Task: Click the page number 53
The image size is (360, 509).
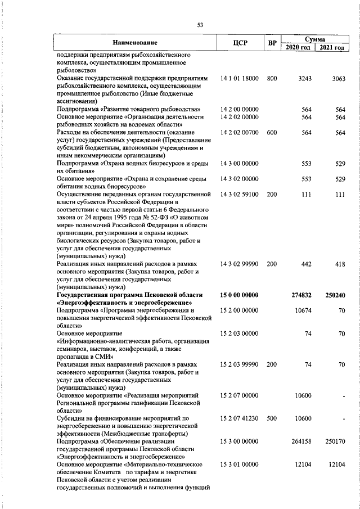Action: [200, 24]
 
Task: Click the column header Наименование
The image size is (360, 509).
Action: [134, 43]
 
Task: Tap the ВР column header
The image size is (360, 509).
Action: [272, 43]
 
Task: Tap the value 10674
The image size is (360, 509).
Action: [303, 310]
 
